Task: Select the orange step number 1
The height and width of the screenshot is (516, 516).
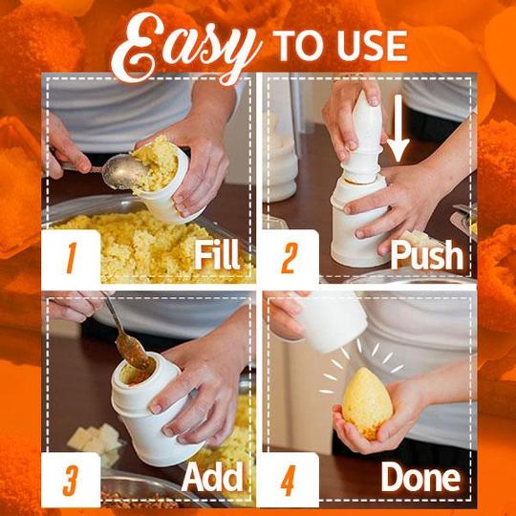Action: (x=71, y=257)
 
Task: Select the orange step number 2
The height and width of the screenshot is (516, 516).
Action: (x=290, y=255)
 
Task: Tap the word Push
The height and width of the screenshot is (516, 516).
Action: (x=424, y=257)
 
